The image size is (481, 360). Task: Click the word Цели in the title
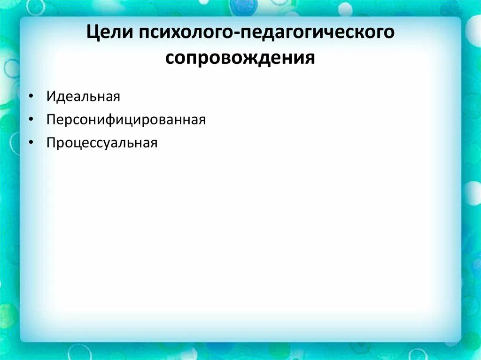click(x=111, y=34)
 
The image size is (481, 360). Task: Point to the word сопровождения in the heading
click(x=240, y=58)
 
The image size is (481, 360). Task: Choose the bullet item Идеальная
click(x=83, y=97)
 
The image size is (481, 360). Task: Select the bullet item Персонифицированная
click(x=126, y=120)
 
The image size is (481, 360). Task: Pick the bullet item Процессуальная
click(x=101, y=143)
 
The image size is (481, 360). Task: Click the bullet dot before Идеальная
click(x=31, y=97)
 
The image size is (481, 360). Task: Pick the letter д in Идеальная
click(x=60, y=98)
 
